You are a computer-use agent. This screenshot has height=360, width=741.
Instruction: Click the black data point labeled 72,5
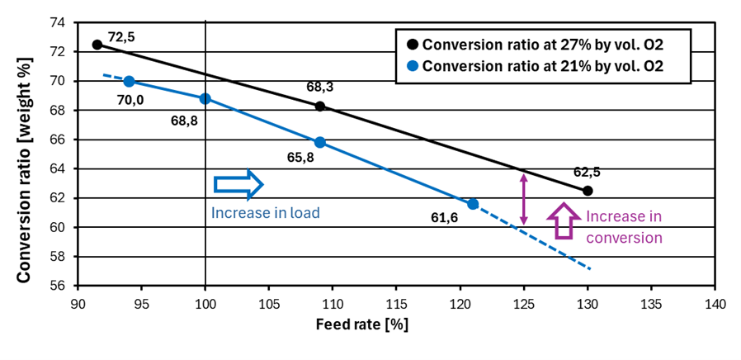(97, 45)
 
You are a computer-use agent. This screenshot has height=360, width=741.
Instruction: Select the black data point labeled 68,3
(320, 107)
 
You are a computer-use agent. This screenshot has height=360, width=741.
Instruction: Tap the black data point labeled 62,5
(588, 191)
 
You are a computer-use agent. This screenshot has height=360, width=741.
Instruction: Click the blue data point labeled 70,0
(129, 81)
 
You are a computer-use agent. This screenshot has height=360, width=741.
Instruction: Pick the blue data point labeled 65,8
(320, 142)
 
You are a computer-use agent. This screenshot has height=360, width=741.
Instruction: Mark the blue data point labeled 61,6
(473, 204)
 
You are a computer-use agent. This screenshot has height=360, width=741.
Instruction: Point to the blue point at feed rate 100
(205, 98)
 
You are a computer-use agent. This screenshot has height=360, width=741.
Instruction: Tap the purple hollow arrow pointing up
(565, 220)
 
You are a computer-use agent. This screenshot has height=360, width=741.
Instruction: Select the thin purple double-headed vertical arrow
(522, 198)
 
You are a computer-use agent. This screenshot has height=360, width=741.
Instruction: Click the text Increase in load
(265, 212)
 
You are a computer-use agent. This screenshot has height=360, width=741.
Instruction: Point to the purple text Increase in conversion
(623, 227)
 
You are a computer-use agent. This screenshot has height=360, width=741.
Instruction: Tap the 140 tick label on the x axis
(715, 302)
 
